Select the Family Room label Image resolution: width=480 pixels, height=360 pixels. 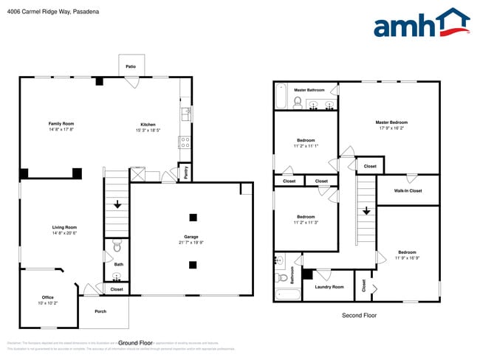[61, 123]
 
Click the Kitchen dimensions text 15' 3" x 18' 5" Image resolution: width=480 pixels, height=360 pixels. [148, 131]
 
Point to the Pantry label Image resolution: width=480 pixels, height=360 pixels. [185, 173]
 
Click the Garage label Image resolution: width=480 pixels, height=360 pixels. [191, 237]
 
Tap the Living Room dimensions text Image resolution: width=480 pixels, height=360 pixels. [64, 233]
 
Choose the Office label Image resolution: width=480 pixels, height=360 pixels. [47, 297]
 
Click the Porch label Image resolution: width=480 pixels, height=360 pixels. [100, 311]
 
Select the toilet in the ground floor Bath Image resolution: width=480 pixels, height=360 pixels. [116, 246]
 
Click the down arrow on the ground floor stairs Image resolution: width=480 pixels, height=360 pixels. [116, 204]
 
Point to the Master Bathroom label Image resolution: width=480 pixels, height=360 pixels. [310, 90]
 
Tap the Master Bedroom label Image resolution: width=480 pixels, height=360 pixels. [391, 122]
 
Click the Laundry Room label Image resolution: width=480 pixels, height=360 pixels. [329, 287]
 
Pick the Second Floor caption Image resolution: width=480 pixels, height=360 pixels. [359, 315]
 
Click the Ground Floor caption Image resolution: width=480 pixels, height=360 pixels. [135, 342]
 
